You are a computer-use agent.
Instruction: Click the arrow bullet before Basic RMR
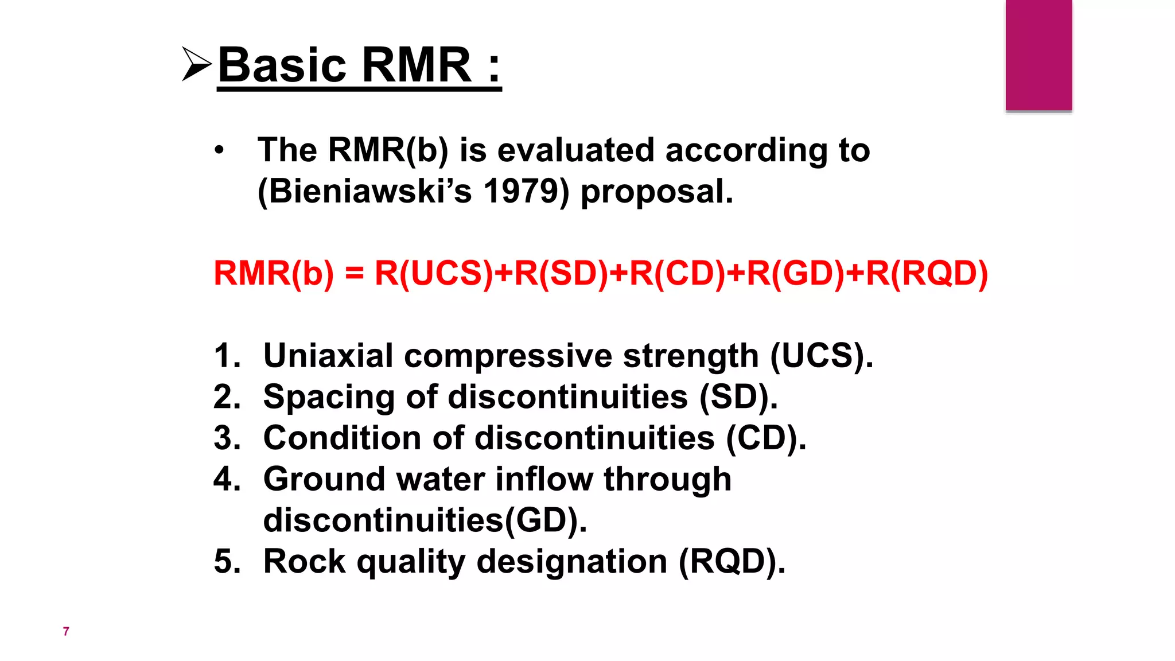pyautogui.click(x=197, y=64)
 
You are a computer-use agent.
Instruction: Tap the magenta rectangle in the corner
pyautogui.click(x=1038, y=55)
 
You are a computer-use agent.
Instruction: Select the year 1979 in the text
pyautogui.click(x=521, y=191)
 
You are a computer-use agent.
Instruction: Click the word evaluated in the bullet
pyautogui.click(x=575, y=150)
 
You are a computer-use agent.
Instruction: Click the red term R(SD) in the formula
pyautogui.click(x=561, y=273)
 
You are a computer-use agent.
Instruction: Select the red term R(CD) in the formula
pyautogui.click(x=678, y=273)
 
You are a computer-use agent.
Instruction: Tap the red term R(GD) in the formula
pyautogui.click(x=796, y=273)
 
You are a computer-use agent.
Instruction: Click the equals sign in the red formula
pyautogui.click(x=355, y=273)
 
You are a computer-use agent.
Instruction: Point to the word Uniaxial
pyautogui.click(x=328, y=356)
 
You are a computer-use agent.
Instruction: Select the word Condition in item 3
pyautogui.click(x=342, y=438)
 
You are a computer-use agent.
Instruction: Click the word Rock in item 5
pyautogui.click(x=304, y=561)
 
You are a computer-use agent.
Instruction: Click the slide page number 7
pyautogui.click(x=66, y=632)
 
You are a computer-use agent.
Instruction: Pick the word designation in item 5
pyautogui.click(x=572, y=561)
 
